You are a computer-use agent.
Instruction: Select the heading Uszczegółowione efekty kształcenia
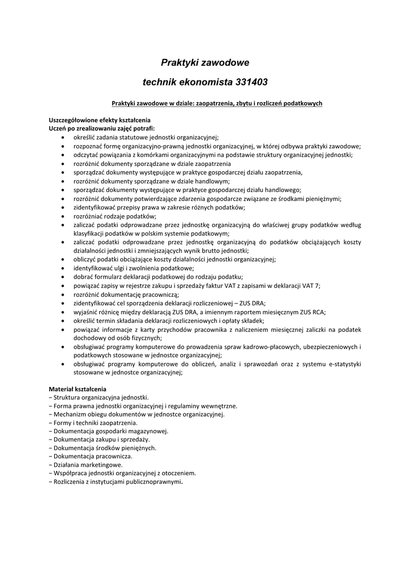point(100,120)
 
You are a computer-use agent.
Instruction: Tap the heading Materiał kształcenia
point(78,389)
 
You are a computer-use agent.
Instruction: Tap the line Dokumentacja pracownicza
point(93,456)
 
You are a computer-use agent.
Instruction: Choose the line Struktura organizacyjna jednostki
point(101,398)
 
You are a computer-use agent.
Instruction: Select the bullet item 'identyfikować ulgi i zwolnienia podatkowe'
point(133,268)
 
